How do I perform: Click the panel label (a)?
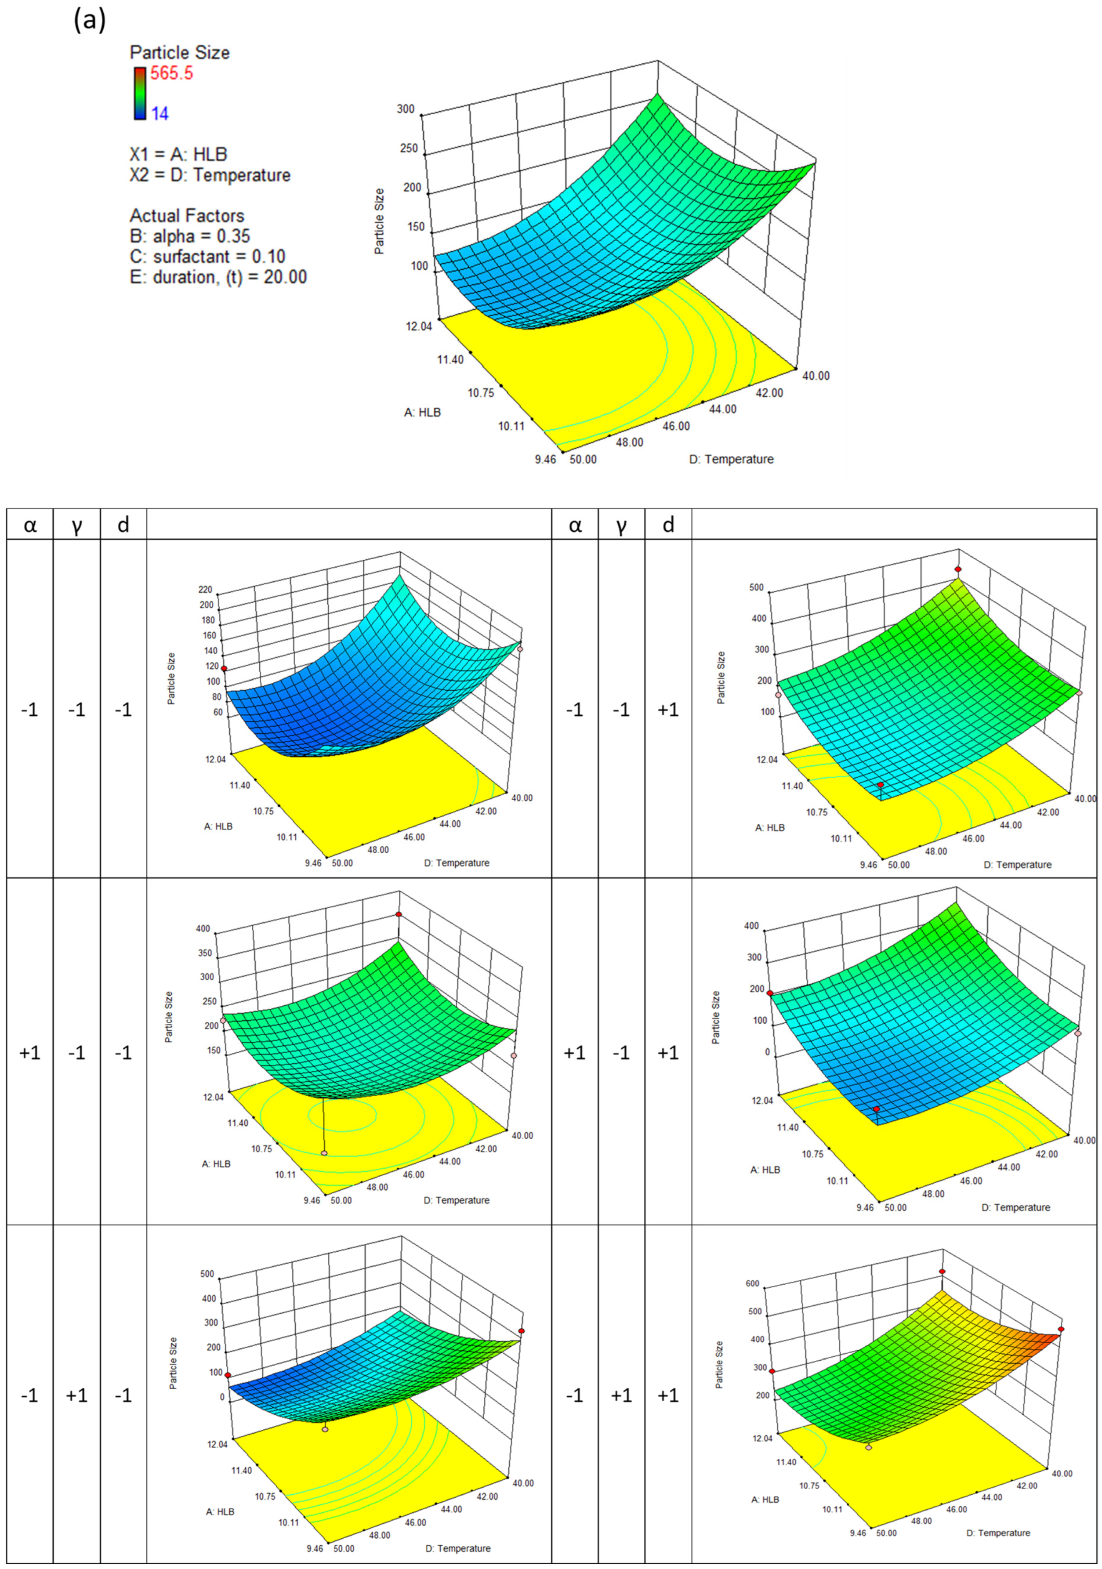coord(90,21)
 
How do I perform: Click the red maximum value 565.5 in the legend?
coord(171,73)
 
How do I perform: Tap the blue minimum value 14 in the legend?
coord(160,113)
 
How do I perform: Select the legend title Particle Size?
coord(180,53)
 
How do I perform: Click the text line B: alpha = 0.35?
coord(190,236)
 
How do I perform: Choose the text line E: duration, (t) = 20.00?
coord(218,277)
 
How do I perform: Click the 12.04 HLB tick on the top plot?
coord(418,326)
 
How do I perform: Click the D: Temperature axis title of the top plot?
coord(731,459)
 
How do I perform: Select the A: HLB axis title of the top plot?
coord(422,413)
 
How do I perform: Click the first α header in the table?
coord(30,525)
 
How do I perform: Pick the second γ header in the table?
coord(621,525)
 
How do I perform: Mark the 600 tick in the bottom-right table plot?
coord(753,1283)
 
